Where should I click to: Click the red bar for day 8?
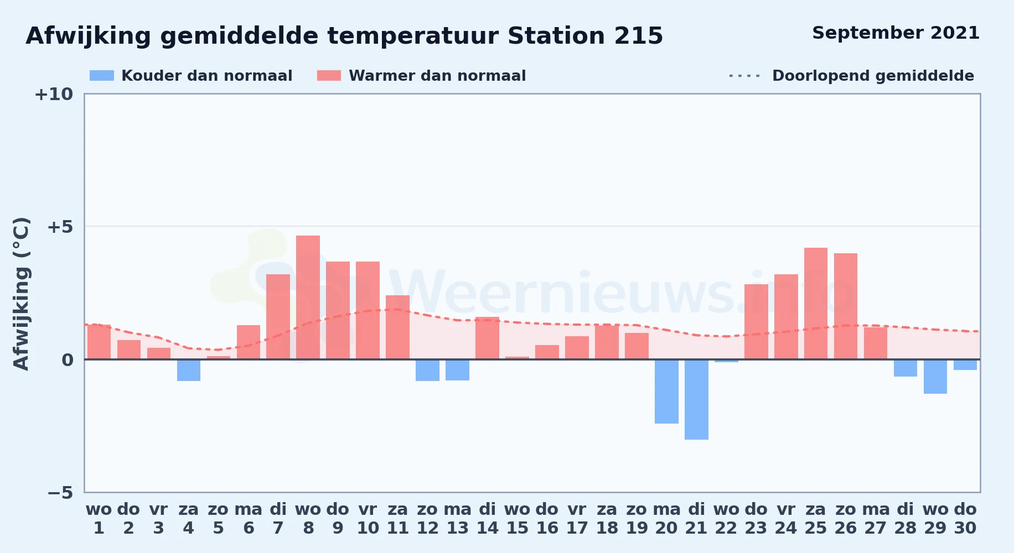(x=308, y=298)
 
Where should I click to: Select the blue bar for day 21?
(x=696, y=399)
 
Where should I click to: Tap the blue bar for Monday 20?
(x=666, y=392)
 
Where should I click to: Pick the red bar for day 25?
(x=816, y=304)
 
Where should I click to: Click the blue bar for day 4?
(x=189, y=370)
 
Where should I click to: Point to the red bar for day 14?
(x=487, y=338)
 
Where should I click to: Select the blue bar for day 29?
(x=935, y=377)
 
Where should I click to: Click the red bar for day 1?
(x=99, y=342)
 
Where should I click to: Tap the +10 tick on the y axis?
(x=54, y=95)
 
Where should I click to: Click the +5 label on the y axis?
(x=60, y=227)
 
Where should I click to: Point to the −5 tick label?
(x=60, y=493)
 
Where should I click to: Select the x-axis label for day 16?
(x=547, y=519)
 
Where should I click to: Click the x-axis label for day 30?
(x=965, y=519)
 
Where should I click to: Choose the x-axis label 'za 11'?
(x=397, y=519)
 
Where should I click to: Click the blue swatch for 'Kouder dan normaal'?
(x=102, y=76)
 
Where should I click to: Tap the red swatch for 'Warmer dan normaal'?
(x=329, y=76)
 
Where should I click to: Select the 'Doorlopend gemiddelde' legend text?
(x=873, y=76)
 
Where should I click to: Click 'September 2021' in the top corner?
(x=896, y=33)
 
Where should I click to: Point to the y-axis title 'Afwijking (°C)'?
(x=21, y=293)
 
